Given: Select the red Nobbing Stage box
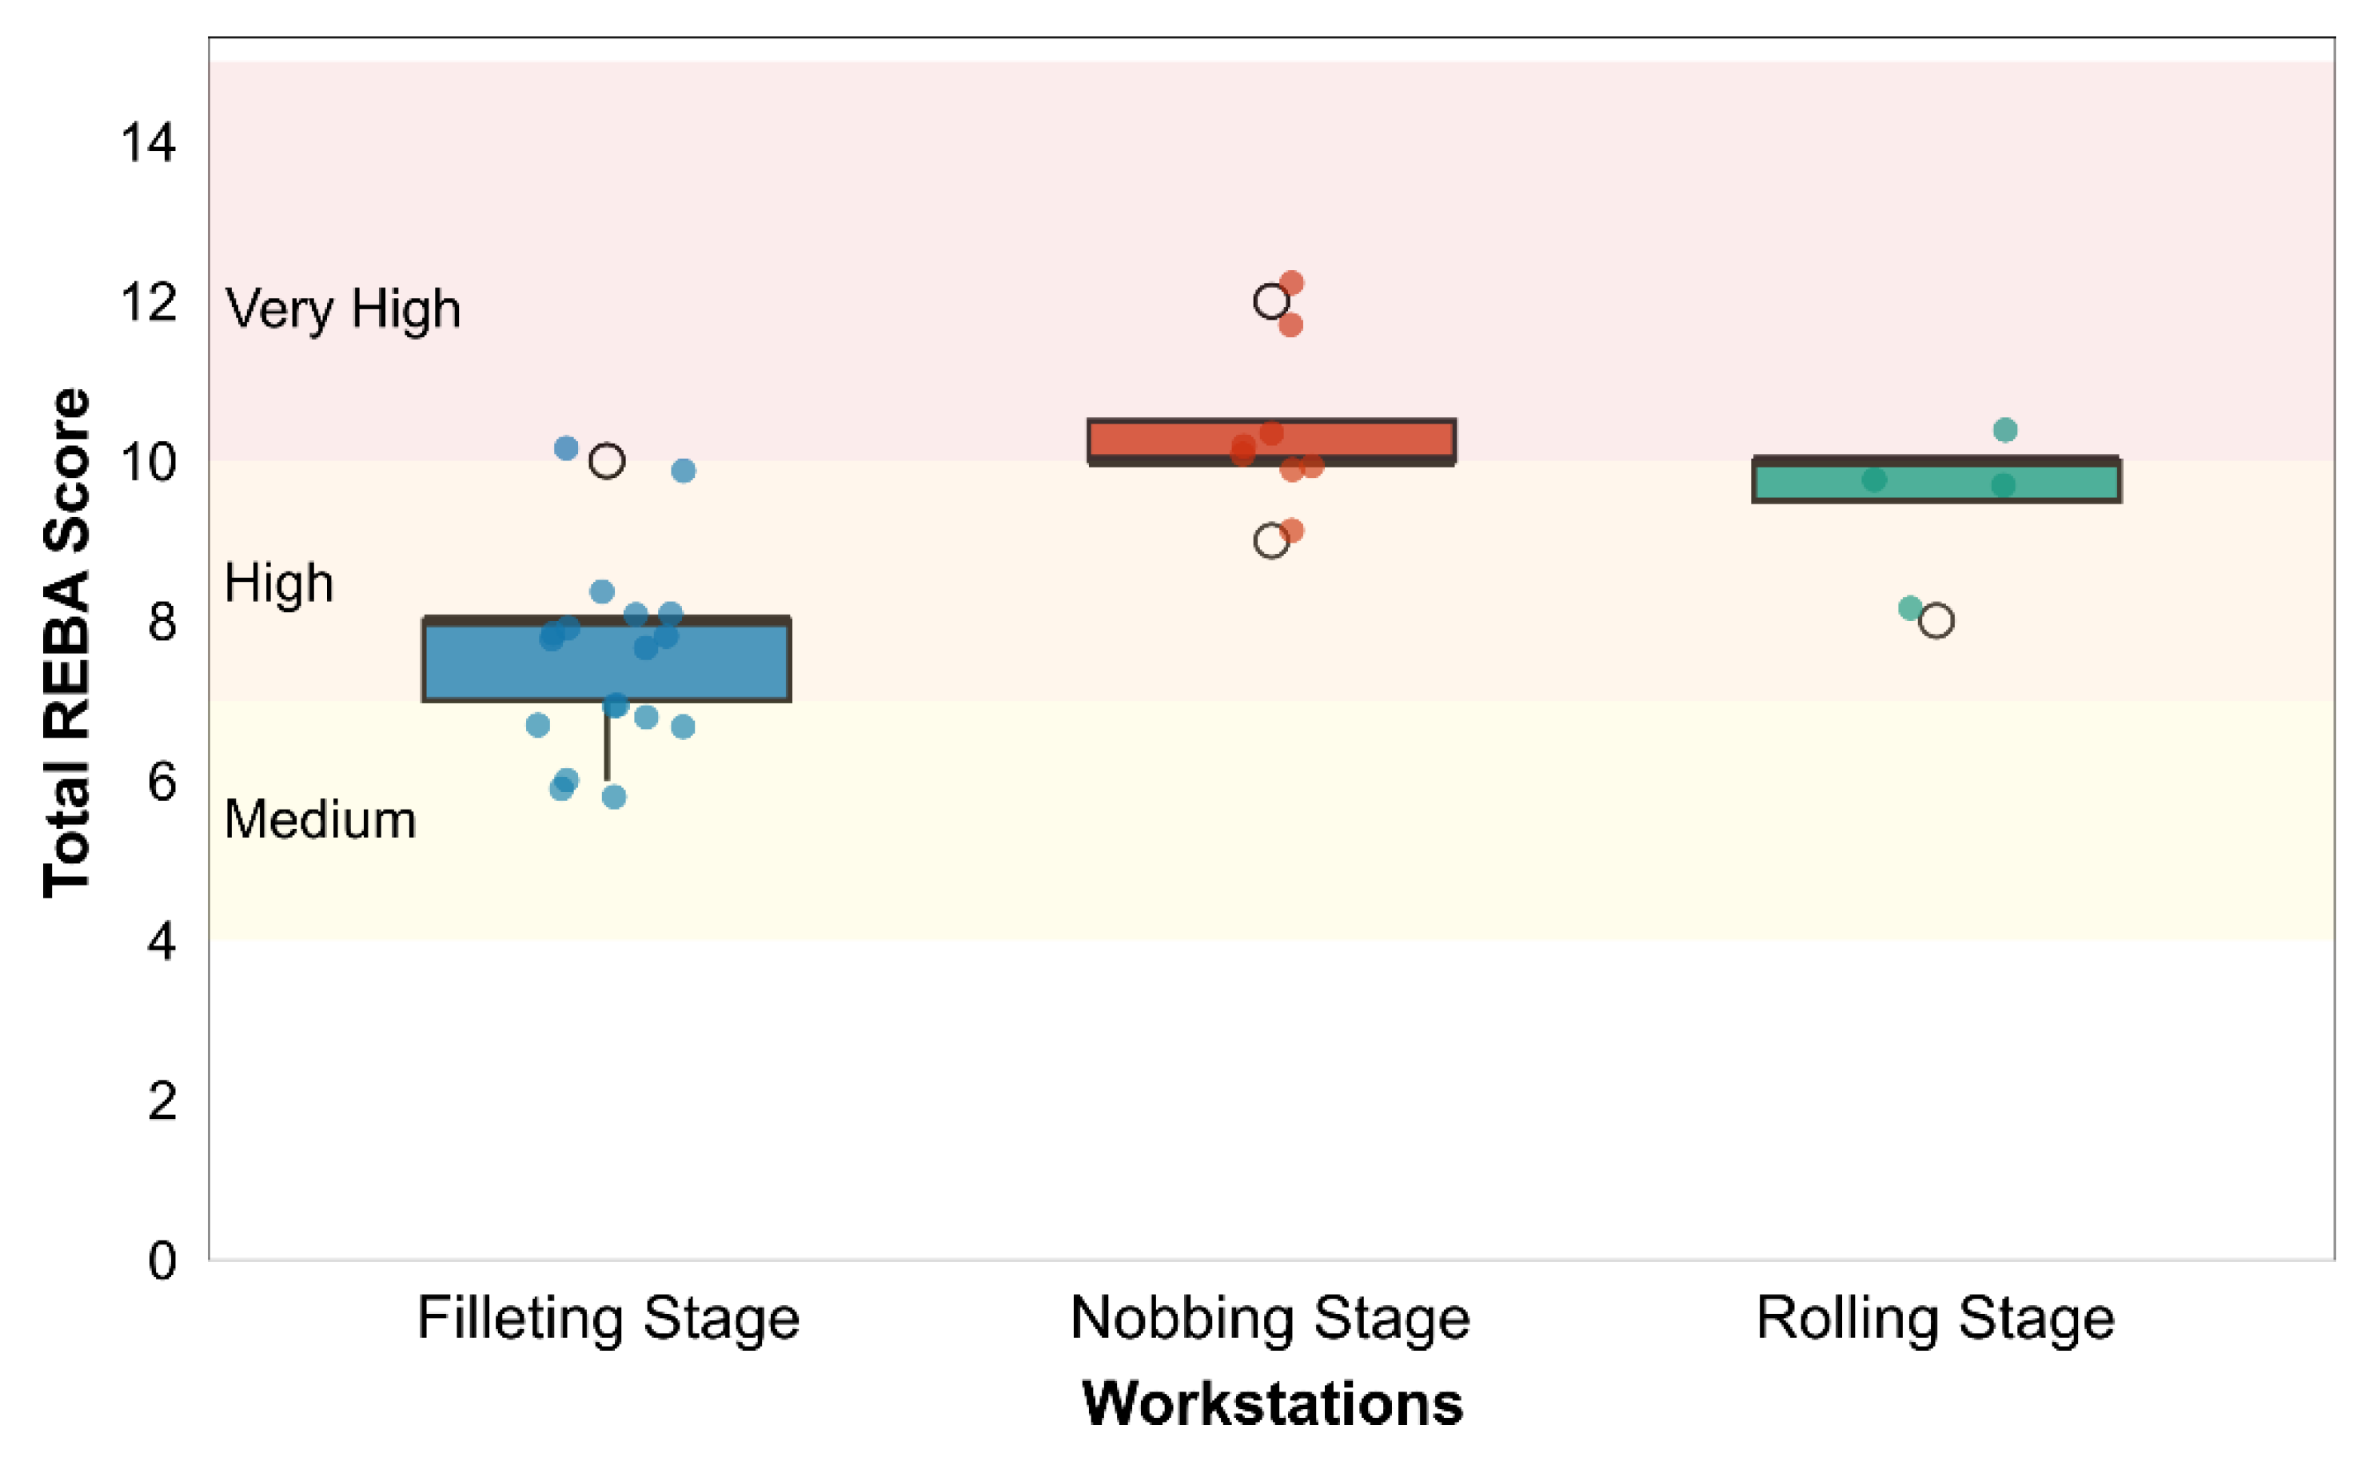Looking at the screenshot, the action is point(1271,442).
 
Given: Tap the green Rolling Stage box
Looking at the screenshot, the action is point(1936,480).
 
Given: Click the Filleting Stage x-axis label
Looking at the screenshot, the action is point(608,1319).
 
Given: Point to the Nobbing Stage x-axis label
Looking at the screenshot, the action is point(1270,1319).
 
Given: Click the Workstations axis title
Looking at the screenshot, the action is point(1272,1404).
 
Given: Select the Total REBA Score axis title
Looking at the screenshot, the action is point(68,643).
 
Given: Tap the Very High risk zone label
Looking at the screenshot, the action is point(343,310).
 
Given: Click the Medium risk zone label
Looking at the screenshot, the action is point(321,820).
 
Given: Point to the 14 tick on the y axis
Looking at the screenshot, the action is point(148,143).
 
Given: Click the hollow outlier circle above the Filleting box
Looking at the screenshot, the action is point(607,461).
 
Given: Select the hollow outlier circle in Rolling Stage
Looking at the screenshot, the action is point(1936,621).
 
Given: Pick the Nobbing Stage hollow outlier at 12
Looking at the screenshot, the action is point(1270,301).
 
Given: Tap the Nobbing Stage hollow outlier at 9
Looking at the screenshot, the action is point(1270,542).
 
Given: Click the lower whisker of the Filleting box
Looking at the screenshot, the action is point(608,741).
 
